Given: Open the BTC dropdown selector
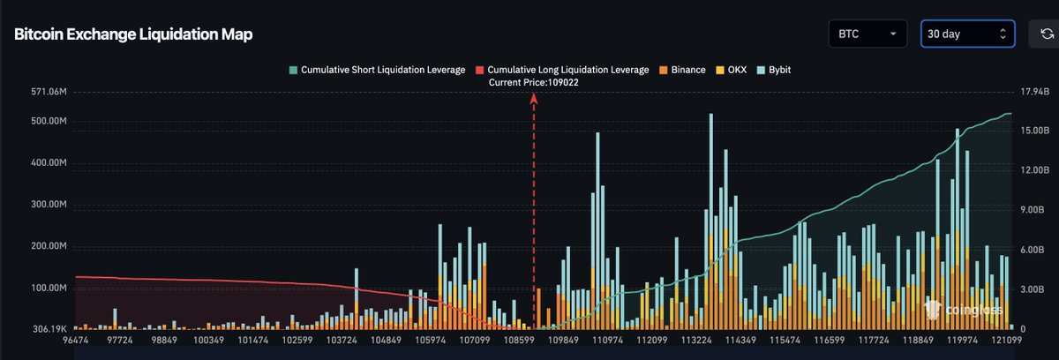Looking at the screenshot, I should pos(867,34).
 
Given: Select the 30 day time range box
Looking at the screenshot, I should pos(966,34).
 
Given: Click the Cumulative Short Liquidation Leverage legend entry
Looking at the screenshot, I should pos(377,69).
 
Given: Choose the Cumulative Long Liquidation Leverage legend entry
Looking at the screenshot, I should pos(562,69).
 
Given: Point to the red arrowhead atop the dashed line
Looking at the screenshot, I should pos(533,100).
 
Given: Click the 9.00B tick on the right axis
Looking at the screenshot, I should pos(1033,210).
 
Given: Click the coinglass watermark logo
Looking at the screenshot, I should pos(965,308).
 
